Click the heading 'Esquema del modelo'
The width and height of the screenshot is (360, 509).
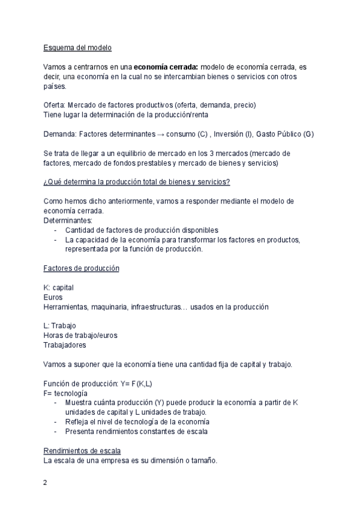point(77,47)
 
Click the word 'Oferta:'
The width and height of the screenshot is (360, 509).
point(56,105)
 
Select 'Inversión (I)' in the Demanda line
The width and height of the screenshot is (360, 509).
point(233,133)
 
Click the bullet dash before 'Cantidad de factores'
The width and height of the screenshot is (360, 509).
point(56,230)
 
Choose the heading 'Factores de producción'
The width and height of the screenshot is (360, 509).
point(81,268)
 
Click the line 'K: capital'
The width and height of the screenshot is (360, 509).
point(59,288)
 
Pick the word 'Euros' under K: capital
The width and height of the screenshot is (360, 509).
point(53,297)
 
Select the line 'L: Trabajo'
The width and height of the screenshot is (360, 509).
point(59,326)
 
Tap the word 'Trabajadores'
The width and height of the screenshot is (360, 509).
point(64,345)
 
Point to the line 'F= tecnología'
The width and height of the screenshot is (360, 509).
point(65,393)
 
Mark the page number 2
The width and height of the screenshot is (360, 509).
point(45,482)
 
